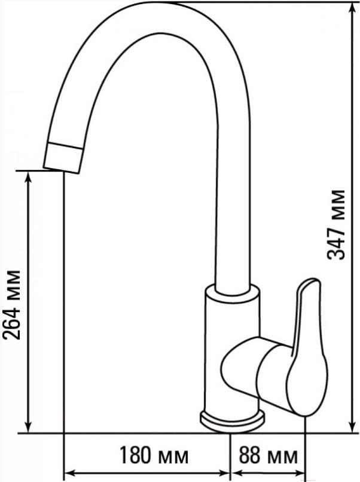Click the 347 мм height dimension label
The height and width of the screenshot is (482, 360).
point(336,224)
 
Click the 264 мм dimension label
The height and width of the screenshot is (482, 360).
point(12,304)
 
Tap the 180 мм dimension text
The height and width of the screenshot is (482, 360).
point(154,456)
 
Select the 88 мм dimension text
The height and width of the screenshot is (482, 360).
point(268,456)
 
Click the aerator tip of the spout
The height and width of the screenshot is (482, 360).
point(63,158)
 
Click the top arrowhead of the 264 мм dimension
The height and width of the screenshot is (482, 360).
point(28,178)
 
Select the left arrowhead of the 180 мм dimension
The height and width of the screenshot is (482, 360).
point(70,474)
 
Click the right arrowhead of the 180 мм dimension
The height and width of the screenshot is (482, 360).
point(224,474)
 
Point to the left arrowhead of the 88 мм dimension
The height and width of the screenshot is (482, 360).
point(237,474)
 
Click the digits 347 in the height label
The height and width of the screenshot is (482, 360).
point(336,242)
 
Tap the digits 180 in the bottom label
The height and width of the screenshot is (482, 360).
point(135,456)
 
